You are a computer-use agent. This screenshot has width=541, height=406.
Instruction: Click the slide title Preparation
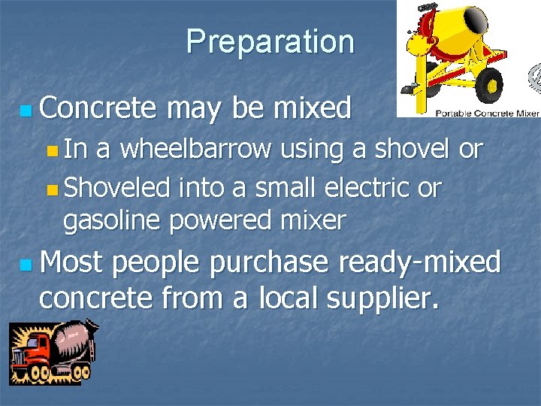click(270, 41)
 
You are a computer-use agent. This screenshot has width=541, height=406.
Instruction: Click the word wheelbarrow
click(196, 149)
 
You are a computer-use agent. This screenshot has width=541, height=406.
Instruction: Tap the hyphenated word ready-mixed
click(419, 262)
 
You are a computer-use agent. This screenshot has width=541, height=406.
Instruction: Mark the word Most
click(72, 262)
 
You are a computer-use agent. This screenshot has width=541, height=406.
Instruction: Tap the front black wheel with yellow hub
click(489, 82)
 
